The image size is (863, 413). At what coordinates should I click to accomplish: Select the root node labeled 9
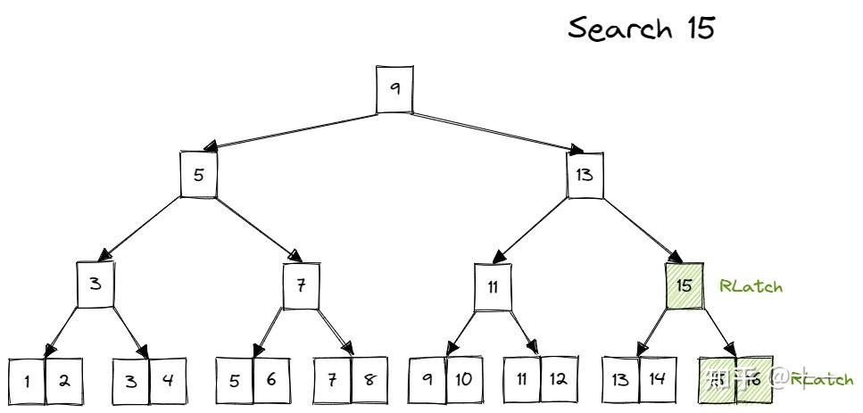click(x=394, y=88)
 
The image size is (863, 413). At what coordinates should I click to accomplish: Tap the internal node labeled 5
click(x=199, y=174)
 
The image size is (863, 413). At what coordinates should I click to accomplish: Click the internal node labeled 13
click(x=585, y=175)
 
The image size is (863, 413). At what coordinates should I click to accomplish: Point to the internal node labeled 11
click(x=492, y=286)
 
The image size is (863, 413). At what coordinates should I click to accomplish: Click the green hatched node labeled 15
click(x=685, y=285)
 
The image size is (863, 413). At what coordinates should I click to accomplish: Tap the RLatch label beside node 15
click(x=751, y=286)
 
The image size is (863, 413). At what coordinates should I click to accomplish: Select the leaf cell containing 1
click(x=27, y=381)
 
